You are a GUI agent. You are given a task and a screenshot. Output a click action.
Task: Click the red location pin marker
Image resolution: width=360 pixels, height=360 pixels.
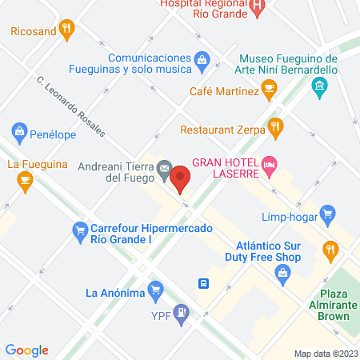pyautogui.click(x=182, y=177)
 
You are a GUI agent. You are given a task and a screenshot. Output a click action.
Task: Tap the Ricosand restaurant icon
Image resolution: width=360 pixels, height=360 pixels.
pyautogui.click(x=67, y=32)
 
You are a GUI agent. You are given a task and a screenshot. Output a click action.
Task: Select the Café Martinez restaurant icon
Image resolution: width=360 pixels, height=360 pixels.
pyautogui.click(x=270, y=91)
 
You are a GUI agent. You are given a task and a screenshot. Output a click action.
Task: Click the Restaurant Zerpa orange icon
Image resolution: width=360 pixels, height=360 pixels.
pyautogui.click(x=275, y=126)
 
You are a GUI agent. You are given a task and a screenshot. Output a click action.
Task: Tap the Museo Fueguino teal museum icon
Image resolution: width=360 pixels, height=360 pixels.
pyautogui.click(x=321, y=86)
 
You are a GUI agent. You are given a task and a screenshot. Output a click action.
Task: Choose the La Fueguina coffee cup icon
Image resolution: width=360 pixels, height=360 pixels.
pyautogui.click(x=25, y=181)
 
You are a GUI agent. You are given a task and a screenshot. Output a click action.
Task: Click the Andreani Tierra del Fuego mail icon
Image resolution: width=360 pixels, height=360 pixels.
pyautogui.click(x=163, y=167)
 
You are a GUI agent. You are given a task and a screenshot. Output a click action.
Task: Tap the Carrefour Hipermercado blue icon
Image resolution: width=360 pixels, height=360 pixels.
pyautogui.click(x=79, y=233)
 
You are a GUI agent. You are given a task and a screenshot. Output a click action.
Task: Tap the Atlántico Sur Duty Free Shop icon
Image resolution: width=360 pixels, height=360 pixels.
pyautogui.click(x=282, y=274)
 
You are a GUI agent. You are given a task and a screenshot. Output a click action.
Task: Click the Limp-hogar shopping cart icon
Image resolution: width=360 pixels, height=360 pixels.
pyautogui.click(x=327, y=214)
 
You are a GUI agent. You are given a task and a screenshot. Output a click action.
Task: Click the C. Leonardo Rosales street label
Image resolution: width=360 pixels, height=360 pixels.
pyautogui.click(x=71, y=106)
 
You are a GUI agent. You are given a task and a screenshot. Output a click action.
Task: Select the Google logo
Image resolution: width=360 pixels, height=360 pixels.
pyautogui.click(x=27, y=350)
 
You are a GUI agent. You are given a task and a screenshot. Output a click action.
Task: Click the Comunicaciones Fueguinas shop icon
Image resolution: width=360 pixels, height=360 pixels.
pyautogui.click(x=203, y=58)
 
